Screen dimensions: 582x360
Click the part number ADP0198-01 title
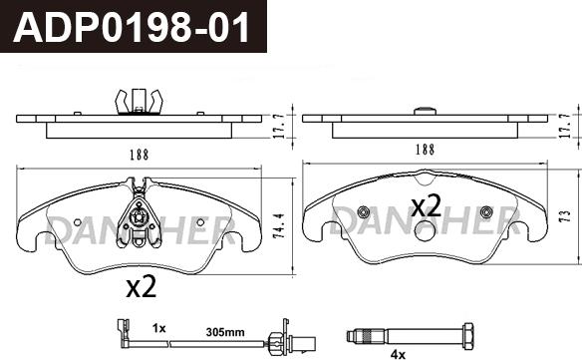pos(132,28)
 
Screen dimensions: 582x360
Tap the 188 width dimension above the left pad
pos(140,155)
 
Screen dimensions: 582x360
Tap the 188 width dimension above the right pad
pos(425,150)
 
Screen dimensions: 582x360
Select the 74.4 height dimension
pos(280,225)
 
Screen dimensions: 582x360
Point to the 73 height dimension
pos(565,216)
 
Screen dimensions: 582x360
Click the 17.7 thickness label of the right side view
pos(565,127)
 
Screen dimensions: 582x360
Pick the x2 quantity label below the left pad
pos(142,287)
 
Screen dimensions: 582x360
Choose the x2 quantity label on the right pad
pos(427,205)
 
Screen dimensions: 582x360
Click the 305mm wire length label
pos(225,332)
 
